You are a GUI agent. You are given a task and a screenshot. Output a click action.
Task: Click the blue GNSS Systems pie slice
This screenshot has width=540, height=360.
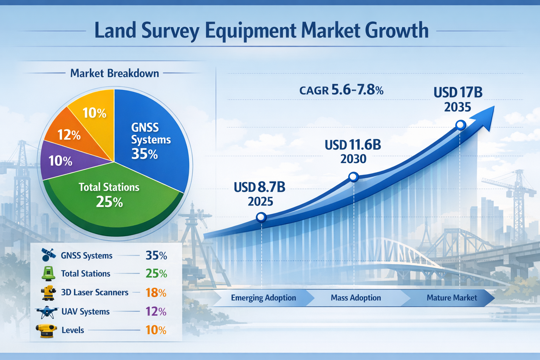(x=151, y=141)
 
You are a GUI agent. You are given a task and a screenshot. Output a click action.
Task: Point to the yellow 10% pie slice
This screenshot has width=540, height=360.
(x=94, y=112)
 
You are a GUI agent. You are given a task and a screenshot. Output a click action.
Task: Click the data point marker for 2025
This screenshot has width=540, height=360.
(x=261, y=217)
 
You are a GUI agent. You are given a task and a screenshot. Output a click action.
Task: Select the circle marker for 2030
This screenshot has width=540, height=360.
(x=353, y=176)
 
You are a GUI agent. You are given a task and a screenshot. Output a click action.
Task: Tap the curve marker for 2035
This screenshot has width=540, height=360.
(x=461, y=125)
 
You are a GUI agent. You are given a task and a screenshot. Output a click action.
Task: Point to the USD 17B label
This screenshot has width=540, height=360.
(x=458, y=92)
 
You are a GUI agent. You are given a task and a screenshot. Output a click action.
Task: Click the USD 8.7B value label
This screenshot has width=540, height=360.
(x=259, y=187)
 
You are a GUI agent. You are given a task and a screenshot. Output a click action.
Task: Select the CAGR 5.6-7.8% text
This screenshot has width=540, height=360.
(x=341, y=90)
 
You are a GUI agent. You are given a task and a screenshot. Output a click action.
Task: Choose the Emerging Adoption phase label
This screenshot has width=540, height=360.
(x=263, y=298)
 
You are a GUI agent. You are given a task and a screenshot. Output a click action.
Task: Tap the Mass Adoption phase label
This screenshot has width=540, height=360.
(x=356, y=298)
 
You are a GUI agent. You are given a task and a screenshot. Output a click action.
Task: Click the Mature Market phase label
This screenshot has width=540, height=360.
(x=452, y=298)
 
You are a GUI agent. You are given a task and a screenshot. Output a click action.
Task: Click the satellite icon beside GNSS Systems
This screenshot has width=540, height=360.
(x=48, y=255)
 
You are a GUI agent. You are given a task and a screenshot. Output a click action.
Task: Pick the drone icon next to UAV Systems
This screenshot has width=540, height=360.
(x=47, y=311)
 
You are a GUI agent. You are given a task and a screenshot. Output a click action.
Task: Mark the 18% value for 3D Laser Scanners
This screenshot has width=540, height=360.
(x=156, y=292)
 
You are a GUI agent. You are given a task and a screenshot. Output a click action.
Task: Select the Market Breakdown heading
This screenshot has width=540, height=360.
(x=115, y=73)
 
